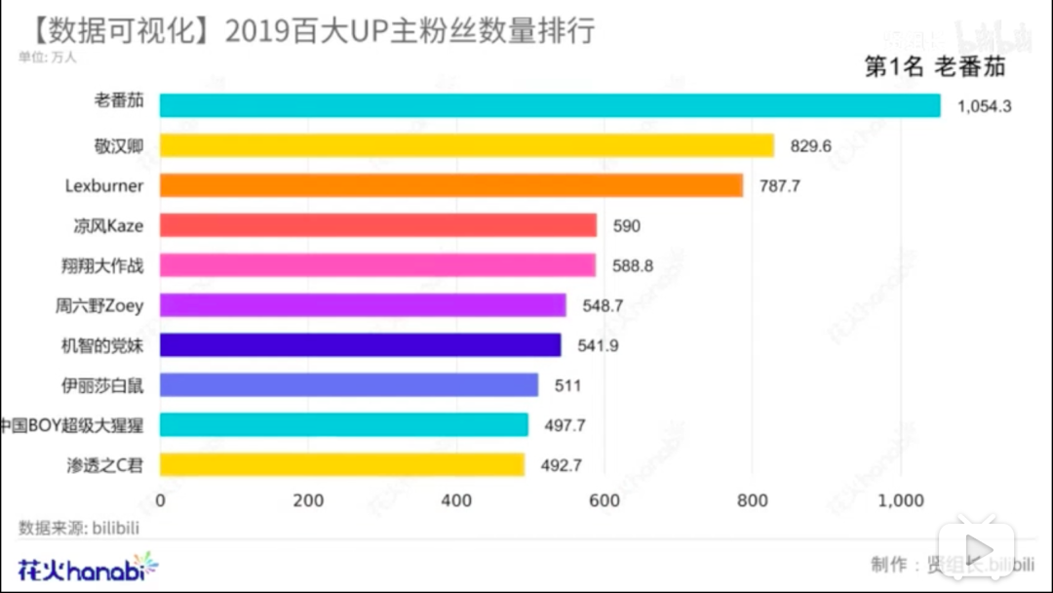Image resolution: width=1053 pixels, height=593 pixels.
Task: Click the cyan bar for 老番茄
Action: tap(549, 105)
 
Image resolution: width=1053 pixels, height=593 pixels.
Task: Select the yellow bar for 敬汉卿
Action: tap(466, 145)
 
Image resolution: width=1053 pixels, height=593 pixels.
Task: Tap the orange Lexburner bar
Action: tap(450, 185)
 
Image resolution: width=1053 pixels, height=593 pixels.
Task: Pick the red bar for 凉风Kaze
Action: tap(377, 225)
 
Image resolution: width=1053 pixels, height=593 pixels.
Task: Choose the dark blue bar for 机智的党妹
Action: tap(360, 345)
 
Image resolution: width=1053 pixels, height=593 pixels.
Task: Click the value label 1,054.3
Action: tap(985, 105)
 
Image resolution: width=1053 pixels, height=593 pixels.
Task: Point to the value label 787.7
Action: tap(779, 185)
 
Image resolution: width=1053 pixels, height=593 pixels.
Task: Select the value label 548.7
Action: tap(603, 305)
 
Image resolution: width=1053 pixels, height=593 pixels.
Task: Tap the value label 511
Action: tap(567, 385)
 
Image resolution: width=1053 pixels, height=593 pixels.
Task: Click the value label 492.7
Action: tap(561, 465)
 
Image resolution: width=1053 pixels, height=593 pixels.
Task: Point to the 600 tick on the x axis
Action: tap(604, 501)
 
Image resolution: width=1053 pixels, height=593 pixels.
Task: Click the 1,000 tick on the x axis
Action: tap(900, 501)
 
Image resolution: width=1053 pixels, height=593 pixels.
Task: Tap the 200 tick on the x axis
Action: tap(308, 501)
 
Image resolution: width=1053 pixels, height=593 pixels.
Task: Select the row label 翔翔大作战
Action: tap(101, 265)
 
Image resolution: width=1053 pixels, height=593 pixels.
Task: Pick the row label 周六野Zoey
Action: tap(99, 305)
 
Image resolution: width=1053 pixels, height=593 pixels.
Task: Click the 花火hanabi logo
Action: tap(87, 566)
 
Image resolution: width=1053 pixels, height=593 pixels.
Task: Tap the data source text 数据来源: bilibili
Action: tap(79, 529)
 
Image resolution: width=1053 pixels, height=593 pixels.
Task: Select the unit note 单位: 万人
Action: tap(47, 57)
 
